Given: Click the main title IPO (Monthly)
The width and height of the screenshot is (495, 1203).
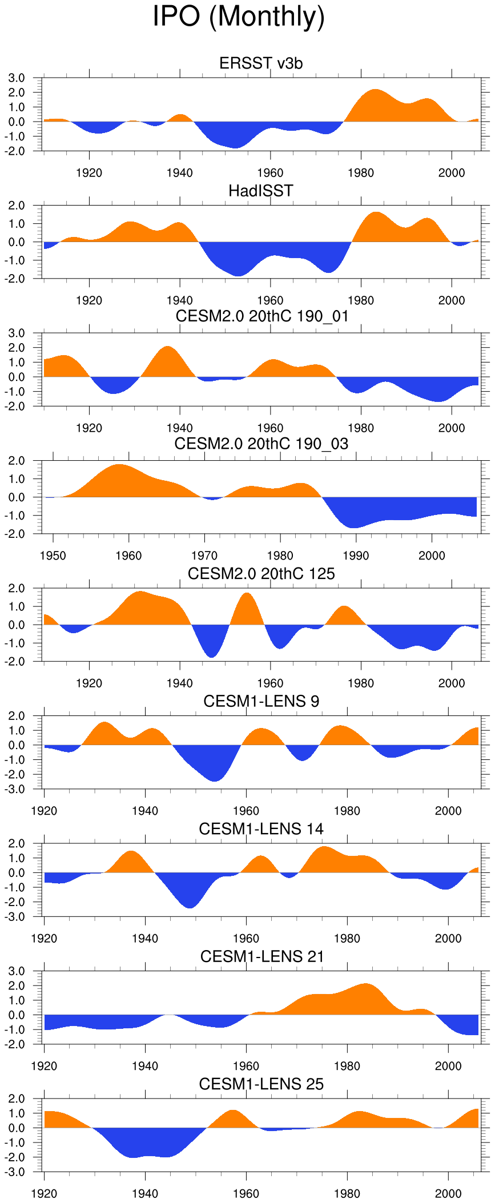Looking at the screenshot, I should pos(239,17).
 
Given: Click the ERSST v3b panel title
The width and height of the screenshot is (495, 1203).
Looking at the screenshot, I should pos(261,63).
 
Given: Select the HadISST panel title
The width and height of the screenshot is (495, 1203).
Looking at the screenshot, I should pos(261,191).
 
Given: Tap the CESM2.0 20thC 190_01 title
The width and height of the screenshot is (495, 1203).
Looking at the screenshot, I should pos(262,316).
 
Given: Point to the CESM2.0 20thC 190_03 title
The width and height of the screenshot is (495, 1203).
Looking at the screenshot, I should pos(261,444).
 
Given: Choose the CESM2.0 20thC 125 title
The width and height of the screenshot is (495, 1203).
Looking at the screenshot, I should pos(261,573).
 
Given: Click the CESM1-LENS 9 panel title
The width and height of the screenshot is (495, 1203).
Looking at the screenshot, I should pos(261,701).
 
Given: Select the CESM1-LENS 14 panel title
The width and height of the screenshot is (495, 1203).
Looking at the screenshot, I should pos(261,828).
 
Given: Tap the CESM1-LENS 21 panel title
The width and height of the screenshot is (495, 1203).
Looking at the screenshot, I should pos(262,956).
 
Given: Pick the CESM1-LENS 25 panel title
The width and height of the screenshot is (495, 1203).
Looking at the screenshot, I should pos(261,1084).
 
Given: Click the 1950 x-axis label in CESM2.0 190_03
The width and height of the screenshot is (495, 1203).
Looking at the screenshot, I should pos(53,556).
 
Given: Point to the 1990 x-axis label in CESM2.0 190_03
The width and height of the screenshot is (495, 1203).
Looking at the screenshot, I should pos(356,556).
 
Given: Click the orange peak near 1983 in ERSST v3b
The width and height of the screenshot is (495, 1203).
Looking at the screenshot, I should pos(375,103).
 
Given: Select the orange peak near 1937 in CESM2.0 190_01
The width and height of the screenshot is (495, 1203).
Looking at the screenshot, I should pos(167,360).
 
